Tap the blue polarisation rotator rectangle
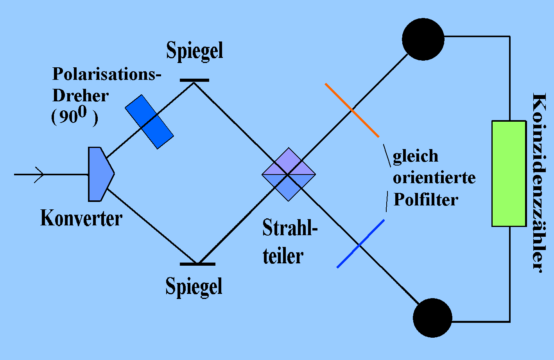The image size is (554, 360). (x=149, y=122)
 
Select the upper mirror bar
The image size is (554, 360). (x=194, y=80)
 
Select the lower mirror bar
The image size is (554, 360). (x=197, y=264)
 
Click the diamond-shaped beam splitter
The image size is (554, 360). (x=289, y=174)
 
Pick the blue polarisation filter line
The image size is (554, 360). (x=360, y=244)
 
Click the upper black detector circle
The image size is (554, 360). (x=423, y=39)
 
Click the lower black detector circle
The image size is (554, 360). (x=432, y=318)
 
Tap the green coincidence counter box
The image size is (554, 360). (x=509, y=173)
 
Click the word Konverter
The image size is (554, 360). (x=81, y=218)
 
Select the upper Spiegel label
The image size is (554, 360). (x=195, y=51)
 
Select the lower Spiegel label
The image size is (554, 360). (x=194, y=286)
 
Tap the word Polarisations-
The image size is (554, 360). (x=107, y=74)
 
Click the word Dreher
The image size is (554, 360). (x=81, y=96)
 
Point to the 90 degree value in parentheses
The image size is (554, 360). (x=74, y=117)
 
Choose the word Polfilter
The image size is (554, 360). (x=425, y=200)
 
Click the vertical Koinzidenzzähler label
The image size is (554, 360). (x=539, y=182)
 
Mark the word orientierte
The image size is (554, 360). (x=434, y=178)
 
